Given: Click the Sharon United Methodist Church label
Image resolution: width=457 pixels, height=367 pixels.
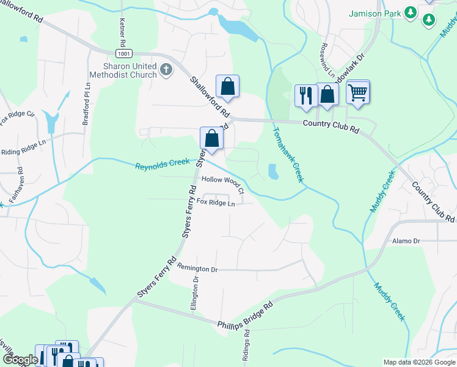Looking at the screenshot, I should tap(123, 70).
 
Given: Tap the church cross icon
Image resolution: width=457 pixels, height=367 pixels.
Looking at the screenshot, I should tap(166, 70).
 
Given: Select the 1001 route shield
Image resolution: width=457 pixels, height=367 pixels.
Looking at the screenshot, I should tap(124, 54).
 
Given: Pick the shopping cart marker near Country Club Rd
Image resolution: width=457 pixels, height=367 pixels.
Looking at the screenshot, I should tap(358, 93).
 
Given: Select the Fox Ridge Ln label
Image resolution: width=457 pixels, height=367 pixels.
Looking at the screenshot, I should tap(216, 202).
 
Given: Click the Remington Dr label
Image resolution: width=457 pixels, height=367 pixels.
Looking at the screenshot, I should tap(197, 269).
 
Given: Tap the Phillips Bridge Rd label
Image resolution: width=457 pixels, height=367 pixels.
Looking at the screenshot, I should tap(244, 314).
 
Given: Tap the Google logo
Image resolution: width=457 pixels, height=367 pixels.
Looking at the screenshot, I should tap(20, 360).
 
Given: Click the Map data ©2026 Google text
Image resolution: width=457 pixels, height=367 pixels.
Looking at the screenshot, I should tap(419, 362).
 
